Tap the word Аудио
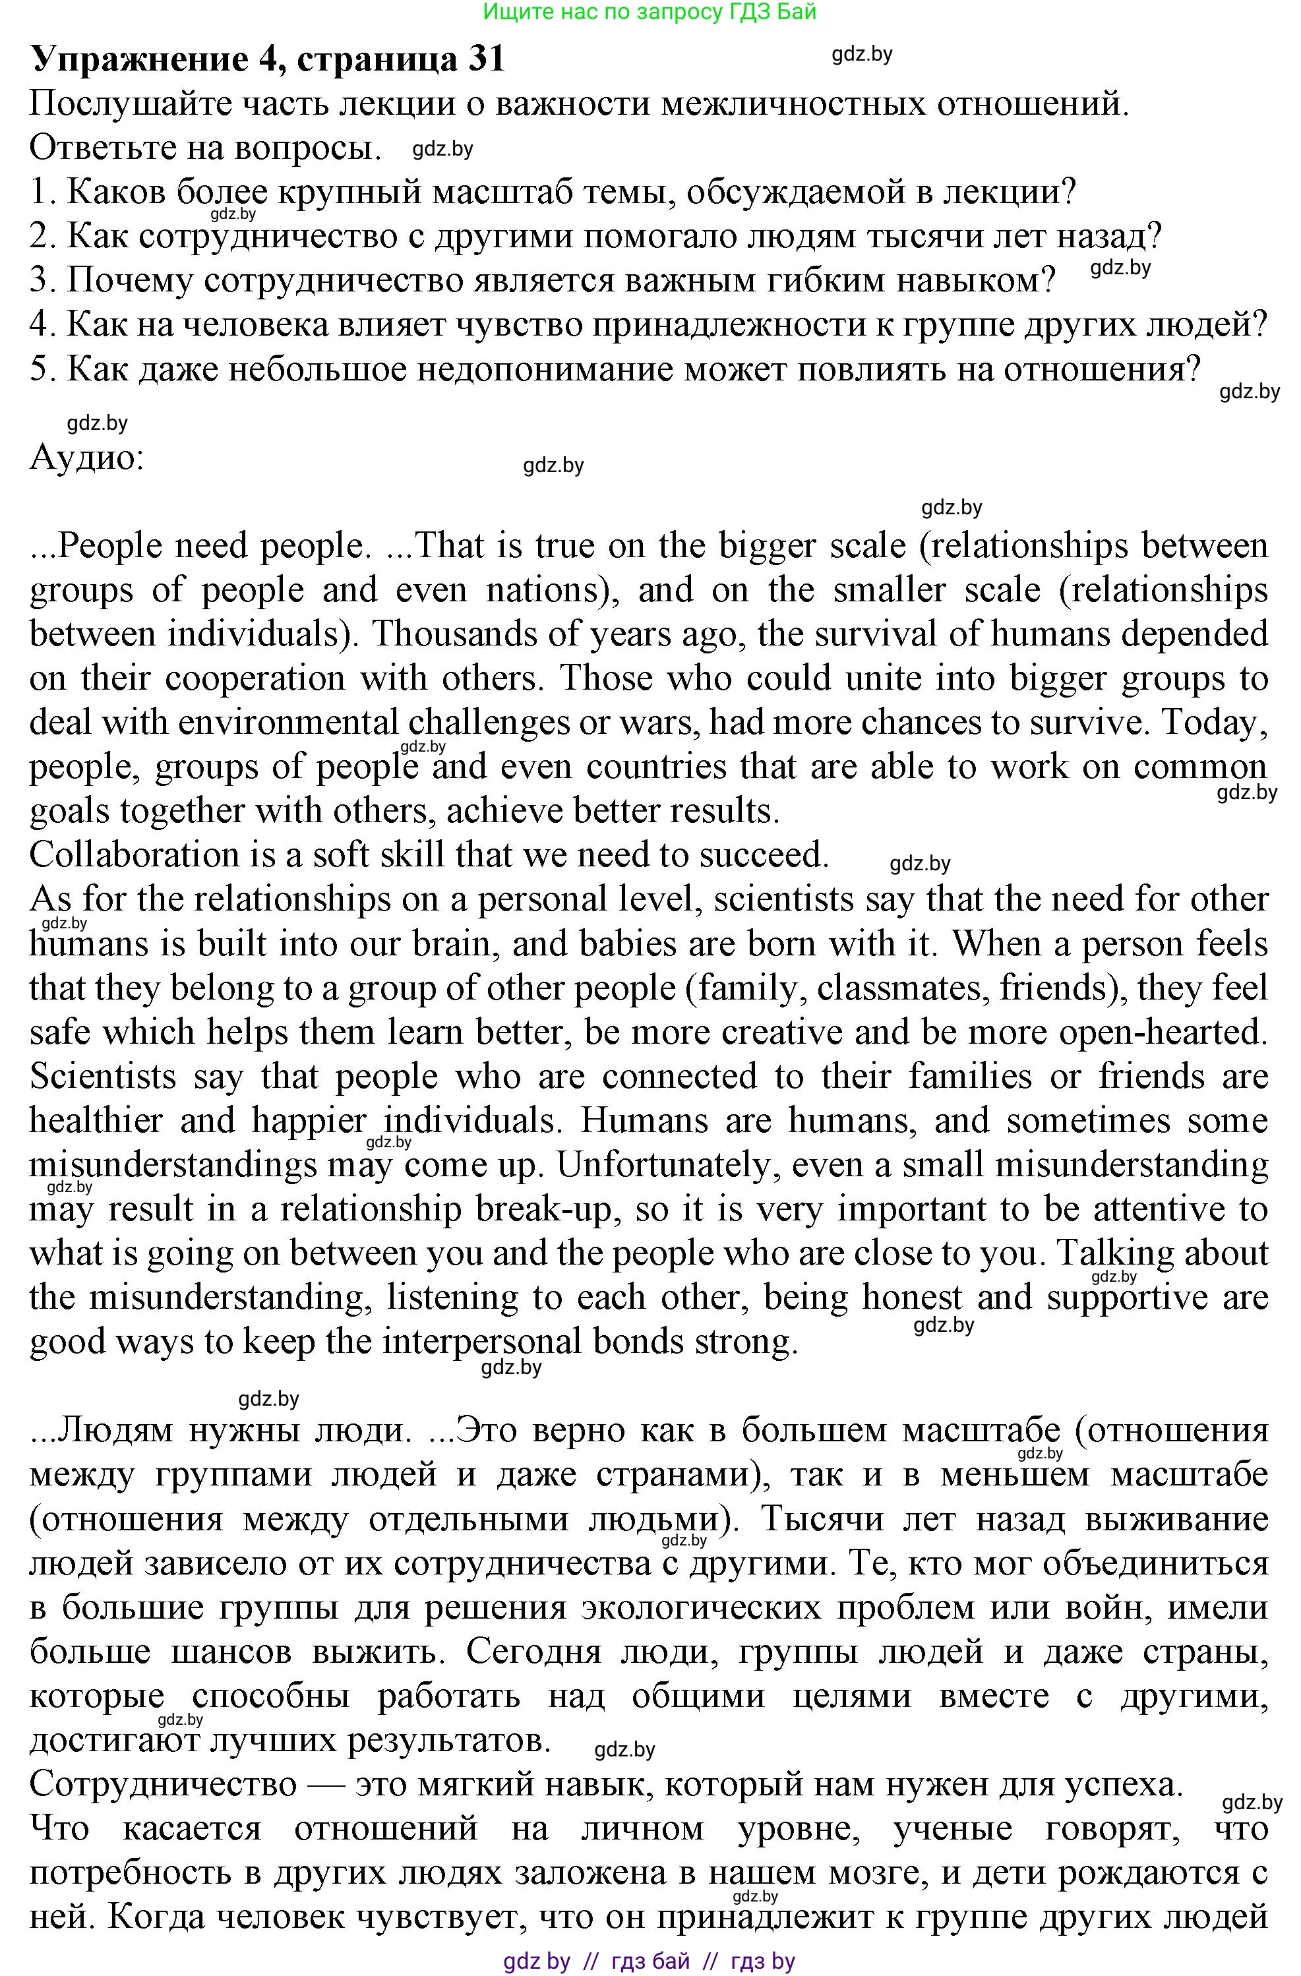86,458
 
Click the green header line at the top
650,12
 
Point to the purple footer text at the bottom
650,1961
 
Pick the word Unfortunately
667,1165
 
